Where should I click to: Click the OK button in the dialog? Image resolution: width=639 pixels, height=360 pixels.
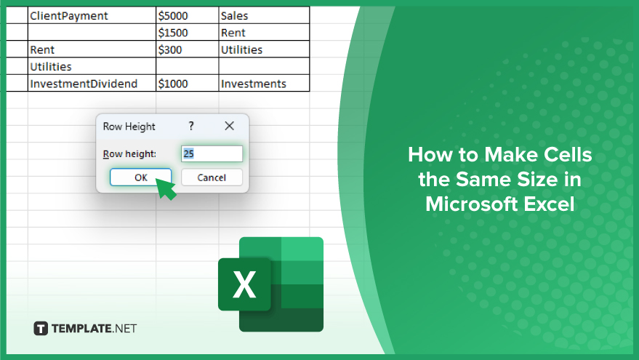[140, 177]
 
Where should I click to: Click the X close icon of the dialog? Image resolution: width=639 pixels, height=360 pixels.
[230, 126]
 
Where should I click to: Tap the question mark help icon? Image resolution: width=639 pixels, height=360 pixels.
[191, 126]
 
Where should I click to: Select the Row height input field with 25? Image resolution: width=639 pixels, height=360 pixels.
[212, 153]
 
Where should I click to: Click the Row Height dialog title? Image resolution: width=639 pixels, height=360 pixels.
[129, 127]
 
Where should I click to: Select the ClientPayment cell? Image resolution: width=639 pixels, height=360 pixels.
[92, 15]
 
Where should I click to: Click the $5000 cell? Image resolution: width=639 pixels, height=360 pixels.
[188, 15]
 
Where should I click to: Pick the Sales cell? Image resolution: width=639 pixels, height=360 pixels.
[264, 15]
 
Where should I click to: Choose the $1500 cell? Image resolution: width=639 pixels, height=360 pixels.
[188, 32]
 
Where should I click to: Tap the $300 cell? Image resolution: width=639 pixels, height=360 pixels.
[188, 49]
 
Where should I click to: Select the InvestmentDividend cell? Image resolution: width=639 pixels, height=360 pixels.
[92, 83]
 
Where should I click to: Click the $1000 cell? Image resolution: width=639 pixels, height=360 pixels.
[188, 83]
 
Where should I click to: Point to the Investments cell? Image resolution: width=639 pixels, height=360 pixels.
[264, 83]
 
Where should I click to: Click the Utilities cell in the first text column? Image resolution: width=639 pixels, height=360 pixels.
[92, 66]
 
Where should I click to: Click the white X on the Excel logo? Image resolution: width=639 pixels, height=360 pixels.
[244, 284]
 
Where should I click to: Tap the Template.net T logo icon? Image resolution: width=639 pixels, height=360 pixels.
[40, 328]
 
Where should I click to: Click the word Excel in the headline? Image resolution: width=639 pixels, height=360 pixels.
[549, 204]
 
